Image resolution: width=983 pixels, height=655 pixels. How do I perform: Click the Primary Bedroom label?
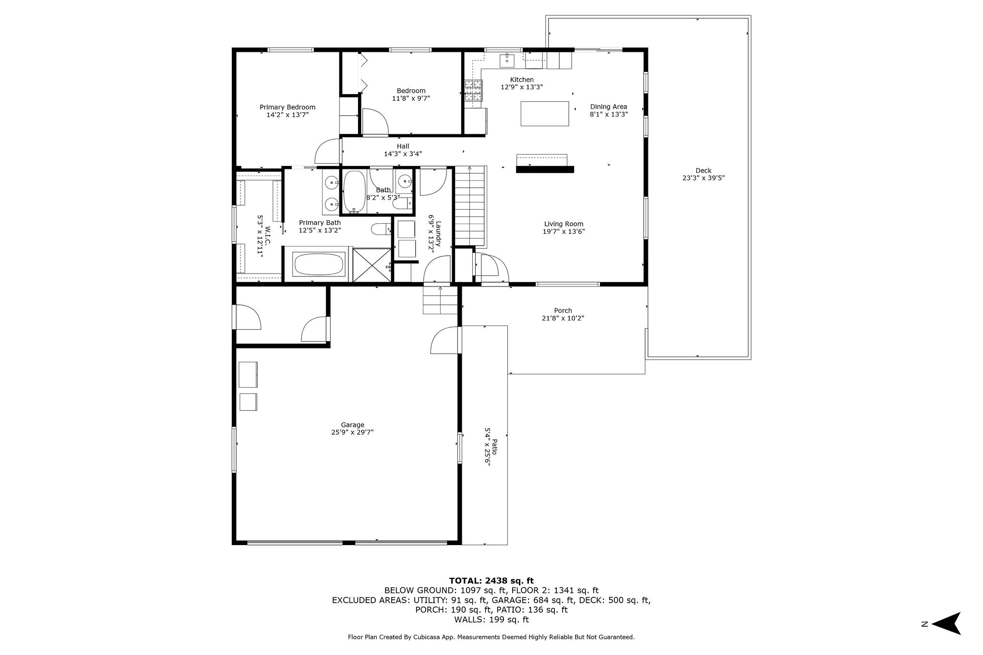pos(287,107)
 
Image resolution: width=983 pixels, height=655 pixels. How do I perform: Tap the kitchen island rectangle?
pos(545,114)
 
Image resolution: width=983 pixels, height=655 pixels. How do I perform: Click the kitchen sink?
pos(507,61)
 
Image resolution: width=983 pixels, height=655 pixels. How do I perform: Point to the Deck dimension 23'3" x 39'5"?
pos(703,178)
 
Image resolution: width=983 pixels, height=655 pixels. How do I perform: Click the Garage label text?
pos(352,425)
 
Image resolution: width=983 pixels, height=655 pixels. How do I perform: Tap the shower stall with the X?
pos(372,264)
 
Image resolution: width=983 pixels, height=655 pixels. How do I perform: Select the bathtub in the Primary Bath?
pos(319,264)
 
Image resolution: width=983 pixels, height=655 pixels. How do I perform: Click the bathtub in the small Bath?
pos(355,192)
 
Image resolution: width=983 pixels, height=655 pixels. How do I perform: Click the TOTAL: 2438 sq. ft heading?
pos(491,580)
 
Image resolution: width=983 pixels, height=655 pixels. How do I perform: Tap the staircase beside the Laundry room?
pos(470,205)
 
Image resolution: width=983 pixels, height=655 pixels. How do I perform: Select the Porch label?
pos(563,310)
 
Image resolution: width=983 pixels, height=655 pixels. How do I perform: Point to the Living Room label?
pos(563,224)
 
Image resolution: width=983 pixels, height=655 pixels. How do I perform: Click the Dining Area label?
pos(608,107)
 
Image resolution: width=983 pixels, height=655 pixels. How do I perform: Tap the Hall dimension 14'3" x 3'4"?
pos(403,154)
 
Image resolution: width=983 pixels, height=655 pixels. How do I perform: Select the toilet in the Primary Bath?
pos(382,230)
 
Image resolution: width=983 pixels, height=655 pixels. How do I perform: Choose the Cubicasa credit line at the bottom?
pos(491,637)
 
